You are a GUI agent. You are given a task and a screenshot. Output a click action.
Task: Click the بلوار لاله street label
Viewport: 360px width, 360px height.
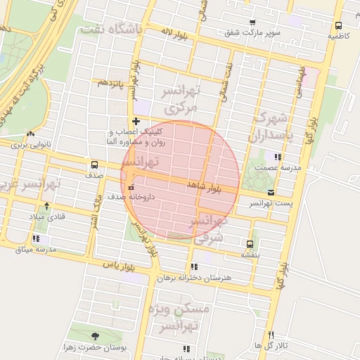click(175, 32)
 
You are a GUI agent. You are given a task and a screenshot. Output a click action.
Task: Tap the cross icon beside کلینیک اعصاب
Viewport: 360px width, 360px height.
click(136, 121)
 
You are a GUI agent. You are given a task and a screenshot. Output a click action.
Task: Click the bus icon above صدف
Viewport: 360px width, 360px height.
click(95, 163)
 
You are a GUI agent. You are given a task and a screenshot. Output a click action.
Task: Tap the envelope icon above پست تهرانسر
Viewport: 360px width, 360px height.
click(271, 193)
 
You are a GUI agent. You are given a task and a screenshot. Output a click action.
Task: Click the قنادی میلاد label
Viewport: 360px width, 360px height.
click(47, 217)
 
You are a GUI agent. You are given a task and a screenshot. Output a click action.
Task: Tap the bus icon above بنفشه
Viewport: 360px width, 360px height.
click(250, 244)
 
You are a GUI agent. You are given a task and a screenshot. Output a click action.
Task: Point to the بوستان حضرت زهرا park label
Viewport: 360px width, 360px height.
click(95, 348)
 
